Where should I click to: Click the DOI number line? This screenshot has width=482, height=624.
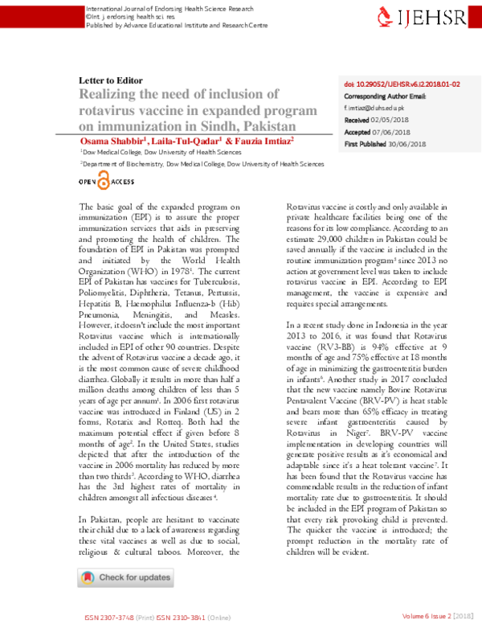(x=401, y=84)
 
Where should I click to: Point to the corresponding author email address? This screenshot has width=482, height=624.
(x=374, y=107)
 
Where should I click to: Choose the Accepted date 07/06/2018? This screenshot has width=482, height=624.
(x=394, y=131)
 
